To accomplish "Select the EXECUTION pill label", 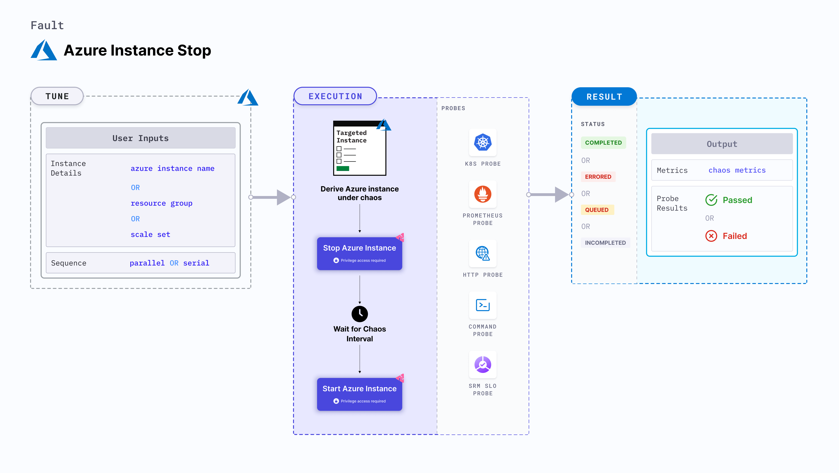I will [x=335, y=96].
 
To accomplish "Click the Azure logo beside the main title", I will [x=44, y=50].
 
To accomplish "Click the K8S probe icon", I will [x=483, y=142].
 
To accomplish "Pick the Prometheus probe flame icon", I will [x=483, y=194].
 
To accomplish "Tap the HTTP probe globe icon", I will [x=483, y=253].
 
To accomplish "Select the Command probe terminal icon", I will [x=483, y=305].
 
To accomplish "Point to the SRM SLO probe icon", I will [x=483, y=364].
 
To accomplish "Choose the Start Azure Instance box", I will [x=359, y=394].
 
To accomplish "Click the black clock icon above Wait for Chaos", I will [x=360, y=314].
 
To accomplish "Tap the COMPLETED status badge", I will [x=603, y=143].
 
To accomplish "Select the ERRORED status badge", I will [x=598, y=177].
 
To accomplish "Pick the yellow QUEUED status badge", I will [x=597, y=210].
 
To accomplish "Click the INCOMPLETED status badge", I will [x=605, y=243].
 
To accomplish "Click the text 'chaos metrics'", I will [x=737, y=170].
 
